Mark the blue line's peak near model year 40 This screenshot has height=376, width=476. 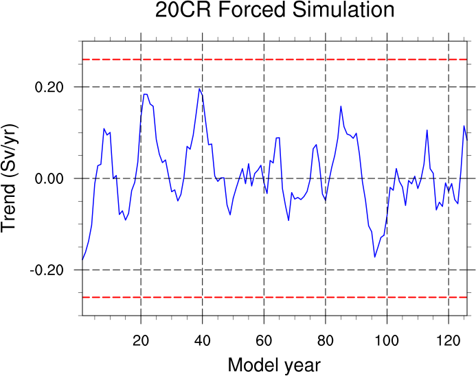(199, 89)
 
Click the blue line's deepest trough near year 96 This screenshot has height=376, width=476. (375, 257)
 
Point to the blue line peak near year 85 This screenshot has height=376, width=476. (341, 106)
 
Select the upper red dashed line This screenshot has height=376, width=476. (275, 60)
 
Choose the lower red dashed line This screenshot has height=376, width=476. (275, 297)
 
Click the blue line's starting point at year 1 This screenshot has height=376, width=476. (82, 260)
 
